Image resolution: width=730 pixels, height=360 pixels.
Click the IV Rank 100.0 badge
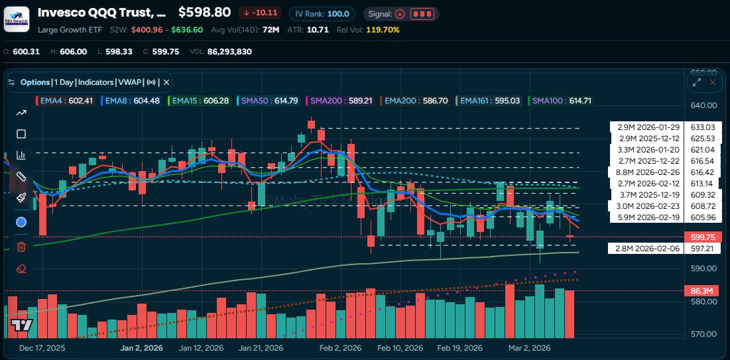[324, 13]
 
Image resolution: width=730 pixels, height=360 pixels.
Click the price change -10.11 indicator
[259, 13]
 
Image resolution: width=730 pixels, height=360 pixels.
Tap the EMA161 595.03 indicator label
[489, 101]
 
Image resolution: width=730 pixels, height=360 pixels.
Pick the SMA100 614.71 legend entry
[560, 101]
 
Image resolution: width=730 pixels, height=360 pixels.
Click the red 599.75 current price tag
[702, 237]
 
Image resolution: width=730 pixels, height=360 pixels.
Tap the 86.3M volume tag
[702, 291]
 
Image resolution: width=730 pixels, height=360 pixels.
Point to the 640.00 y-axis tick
[703, 105]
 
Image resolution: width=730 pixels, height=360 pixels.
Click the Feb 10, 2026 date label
[400, 348]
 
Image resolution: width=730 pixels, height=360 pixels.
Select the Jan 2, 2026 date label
[141, 348]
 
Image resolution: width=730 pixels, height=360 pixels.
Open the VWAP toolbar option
[129, 82]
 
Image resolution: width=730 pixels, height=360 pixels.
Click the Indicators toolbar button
[95, 82]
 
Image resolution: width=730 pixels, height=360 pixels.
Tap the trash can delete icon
[21, 247]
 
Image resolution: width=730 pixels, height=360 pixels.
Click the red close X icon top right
[713, 82]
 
